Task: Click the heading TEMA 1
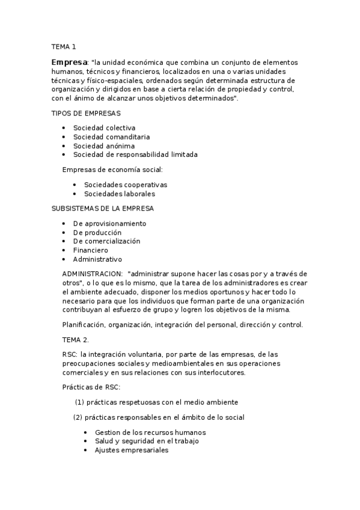[x=64, y=46]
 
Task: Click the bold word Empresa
[x=69, y=62]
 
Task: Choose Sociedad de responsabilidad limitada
[x=135, y=154]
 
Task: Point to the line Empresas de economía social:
[x=112, y=170]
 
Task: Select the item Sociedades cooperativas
[x=125, y=185]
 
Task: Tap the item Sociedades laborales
[x=119, y=194]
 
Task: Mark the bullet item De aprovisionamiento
[x=109, y=224]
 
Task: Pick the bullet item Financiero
[x=90, y=250]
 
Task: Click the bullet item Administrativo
[x=97, y=259]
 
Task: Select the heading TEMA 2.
[x=75, y=340]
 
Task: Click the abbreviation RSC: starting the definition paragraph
[x=70, y=355]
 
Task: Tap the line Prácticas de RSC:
[x=91, y=387]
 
